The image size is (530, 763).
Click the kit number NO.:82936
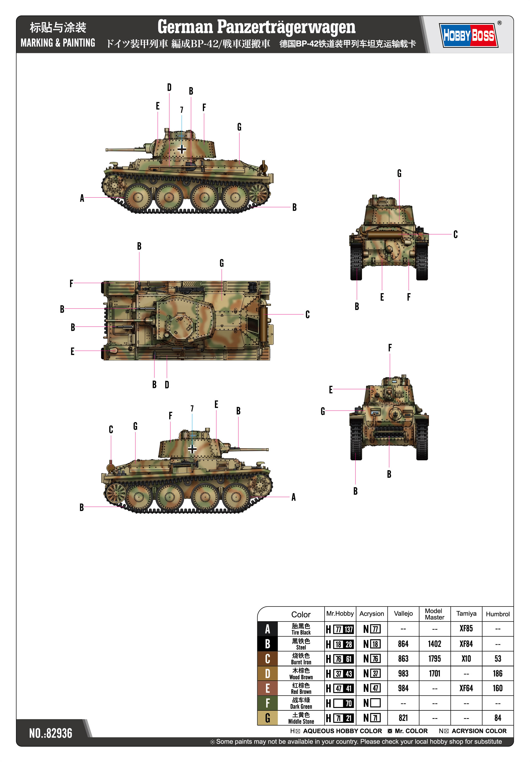coord(51,733)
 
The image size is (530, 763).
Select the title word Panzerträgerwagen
coord(286,27)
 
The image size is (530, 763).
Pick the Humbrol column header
coord(497,614)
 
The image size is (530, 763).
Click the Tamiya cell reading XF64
coord(466,688)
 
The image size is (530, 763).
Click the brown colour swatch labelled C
coord(267,659)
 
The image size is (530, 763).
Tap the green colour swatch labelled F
coord(267,703)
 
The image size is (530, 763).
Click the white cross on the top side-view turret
coord(182,149)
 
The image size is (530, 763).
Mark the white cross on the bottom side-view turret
coord(192,449)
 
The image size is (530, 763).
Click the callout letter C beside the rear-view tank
coord(455,234)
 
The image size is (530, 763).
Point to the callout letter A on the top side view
coord(82,198)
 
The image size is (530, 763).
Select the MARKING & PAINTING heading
coord(58,43)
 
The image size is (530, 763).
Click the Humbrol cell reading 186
coord(497,673)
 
